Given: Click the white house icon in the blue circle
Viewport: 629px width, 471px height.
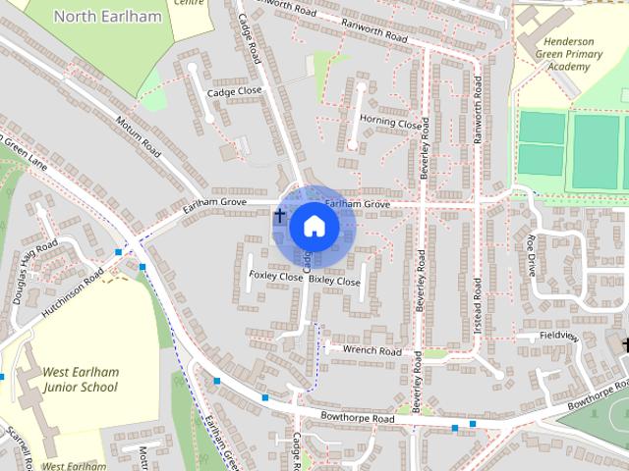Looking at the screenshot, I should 314,227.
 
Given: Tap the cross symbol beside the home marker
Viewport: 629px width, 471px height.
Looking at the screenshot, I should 280,215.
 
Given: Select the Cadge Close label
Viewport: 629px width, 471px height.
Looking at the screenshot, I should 235,91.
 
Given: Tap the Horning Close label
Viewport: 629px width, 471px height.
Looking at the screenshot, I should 390,122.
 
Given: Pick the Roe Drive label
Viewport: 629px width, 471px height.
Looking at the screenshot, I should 532,255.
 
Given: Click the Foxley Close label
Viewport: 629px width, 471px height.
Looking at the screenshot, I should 276,277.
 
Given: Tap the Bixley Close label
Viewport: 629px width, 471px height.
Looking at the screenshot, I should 335,282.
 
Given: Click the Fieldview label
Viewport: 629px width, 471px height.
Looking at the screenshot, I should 559,336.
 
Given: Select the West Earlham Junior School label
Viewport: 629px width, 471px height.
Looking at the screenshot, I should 80,379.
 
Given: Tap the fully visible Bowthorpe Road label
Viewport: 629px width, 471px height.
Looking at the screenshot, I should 355,419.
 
